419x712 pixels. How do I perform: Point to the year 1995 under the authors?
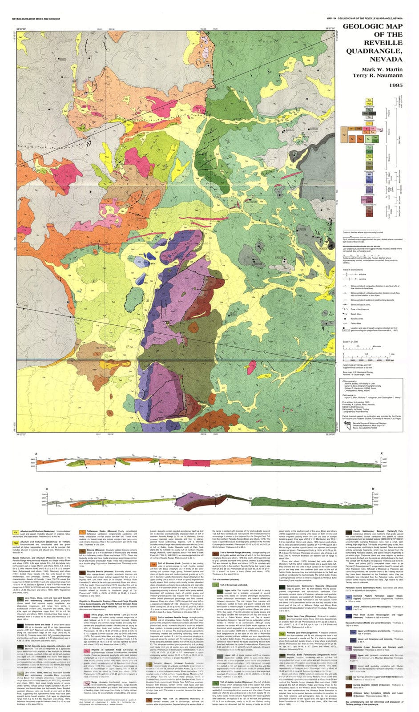pyautogui.click(x=395, y=85)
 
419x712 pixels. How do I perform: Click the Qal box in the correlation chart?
pyautogui.click(x=369, y=101)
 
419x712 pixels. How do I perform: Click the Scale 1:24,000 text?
pyautogui.click(x=351, y=342)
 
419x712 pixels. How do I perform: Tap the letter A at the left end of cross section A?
pyautogui.click(x=36, y=454)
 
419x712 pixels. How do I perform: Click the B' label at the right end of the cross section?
pyautogui.click(x=372, y=488)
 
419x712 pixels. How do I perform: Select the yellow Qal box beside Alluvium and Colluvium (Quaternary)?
pyautogui.click(x=16, y=532)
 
